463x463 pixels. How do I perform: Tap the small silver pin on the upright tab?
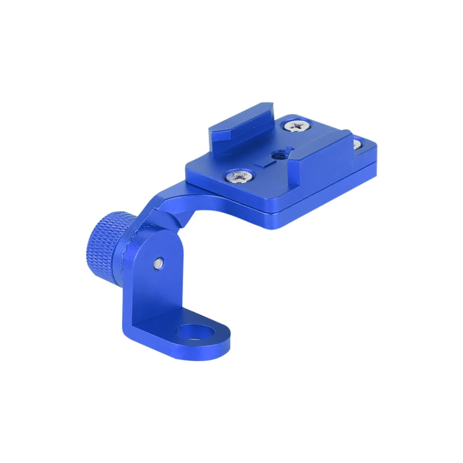click(159, 263)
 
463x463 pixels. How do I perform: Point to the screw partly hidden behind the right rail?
click(356, 145)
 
